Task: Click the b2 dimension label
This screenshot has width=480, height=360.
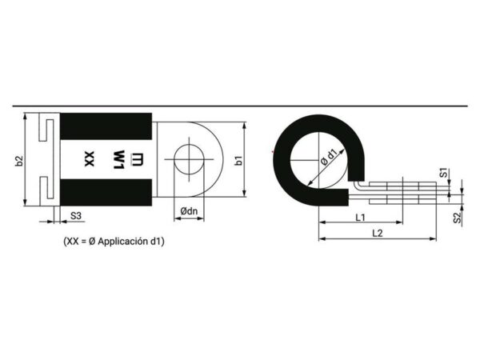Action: pos(19,161)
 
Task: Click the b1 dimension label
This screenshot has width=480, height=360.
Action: pos(238,161)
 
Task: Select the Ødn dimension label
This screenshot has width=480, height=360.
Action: pos(190,211)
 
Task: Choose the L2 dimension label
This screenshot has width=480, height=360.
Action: pos(376,232)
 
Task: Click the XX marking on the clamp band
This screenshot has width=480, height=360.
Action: pos(90,158)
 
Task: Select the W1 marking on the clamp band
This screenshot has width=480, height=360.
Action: pos(117,158)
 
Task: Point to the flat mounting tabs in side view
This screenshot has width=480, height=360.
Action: pos(400,190)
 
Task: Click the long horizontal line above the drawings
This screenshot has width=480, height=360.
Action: pos(240,106)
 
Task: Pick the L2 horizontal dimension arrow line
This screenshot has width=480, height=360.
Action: pos(376,238)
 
